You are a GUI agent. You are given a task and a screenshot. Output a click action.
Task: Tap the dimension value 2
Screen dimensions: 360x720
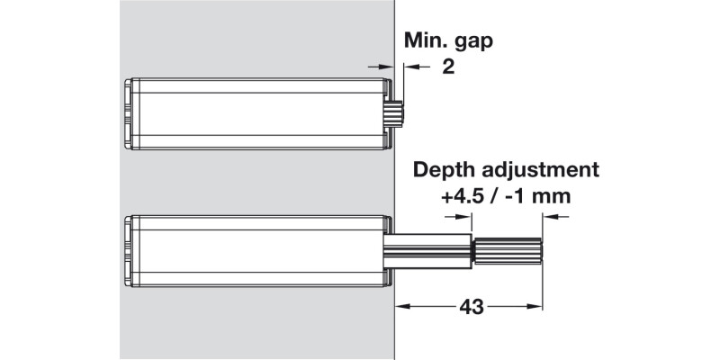(x=447, y=68)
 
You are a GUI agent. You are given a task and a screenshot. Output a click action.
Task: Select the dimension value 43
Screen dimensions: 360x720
(x=469, y=307)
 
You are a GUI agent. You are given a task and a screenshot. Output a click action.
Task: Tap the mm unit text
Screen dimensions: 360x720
(x=556, y=195)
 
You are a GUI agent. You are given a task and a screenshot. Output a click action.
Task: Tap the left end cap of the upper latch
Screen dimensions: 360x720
(x=128, y=112)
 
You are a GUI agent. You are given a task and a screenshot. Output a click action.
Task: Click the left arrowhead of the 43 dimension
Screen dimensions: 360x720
(x=400, y=307)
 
